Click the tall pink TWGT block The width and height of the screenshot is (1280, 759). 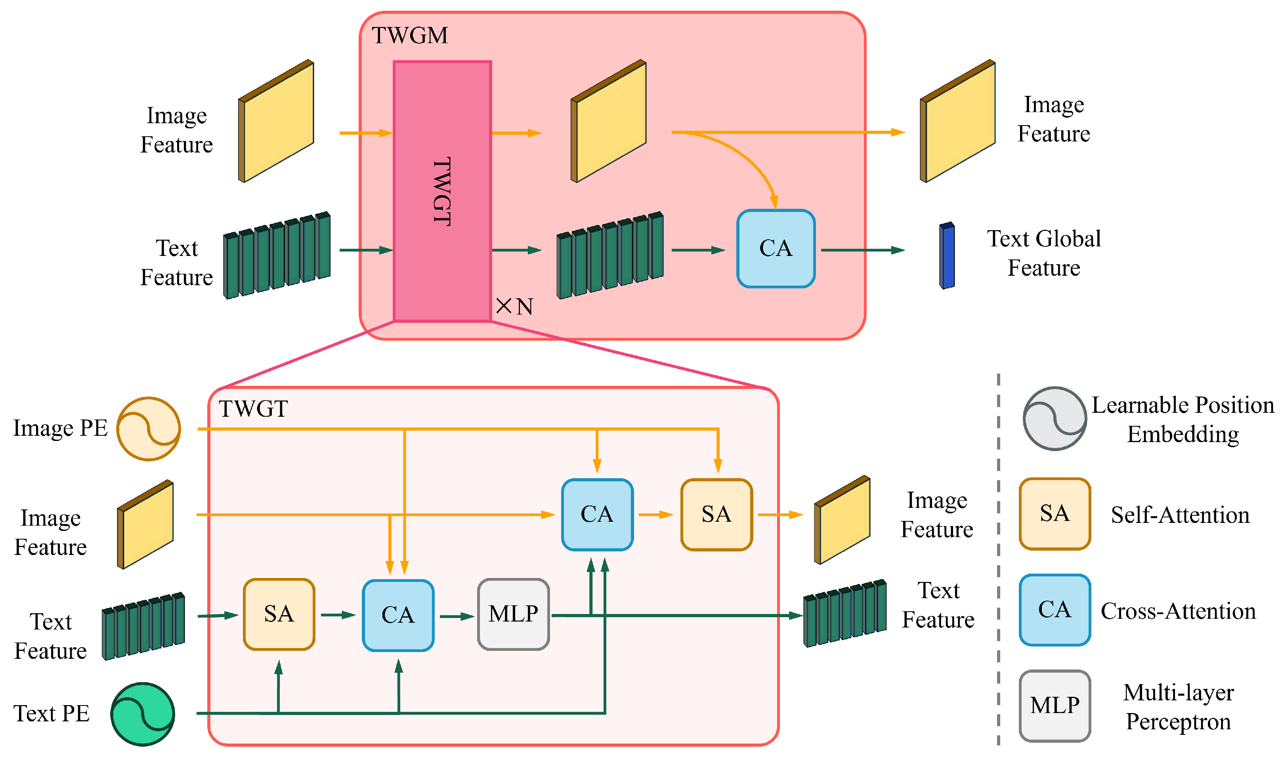(442, 191)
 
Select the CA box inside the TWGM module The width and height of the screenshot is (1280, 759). (775, 248)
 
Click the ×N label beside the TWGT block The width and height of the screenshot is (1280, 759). (514, 306)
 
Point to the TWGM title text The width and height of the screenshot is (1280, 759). (409, 35)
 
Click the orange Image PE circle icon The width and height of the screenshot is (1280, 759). (148, 429)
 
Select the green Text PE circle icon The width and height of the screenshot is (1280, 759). (143, 714)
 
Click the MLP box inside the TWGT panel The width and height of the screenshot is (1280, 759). (513, 614)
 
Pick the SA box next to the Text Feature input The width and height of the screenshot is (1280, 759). (279, 614)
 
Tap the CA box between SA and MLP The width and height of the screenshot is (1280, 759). (398, 615)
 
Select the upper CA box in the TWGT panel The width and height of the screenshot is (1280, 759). (597, 515)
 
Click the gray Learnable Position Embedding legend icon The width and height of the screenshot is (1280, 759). (1055, 418)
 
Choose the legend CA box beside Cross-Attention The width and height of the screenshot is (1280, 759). (1055, 610)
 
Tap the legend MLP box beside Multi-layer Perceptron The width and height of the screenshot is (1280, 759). (1055, 706)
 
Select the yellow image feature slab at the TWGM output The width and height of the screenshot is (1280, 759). (958, 122)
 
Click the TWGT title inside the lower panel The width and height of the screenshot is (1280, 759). (253, 409)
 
